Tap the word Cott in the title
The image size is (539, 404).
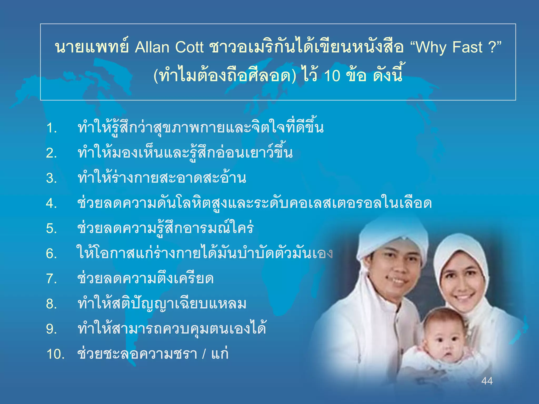pos(189,47)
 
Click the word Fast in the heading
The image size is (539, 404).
pos(467,47)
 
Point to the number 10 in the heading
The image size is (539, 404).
pos(332,76)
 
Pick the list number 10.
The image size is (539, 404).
pos(56,354)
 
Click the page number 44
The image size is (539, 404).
pos(487,381)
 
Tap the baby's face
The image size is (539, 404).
pos(445,342)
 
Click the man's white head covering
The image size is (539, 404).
pos(392,237)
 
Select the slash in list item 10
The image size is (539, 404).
pos(204,354)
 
